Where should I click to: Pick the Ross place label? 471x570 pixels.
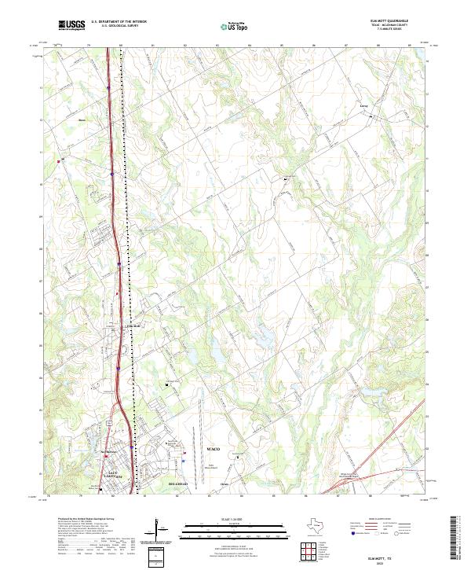coord(81,120)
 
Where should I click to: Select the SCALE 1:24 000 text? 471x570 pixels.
coord(235,518)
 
